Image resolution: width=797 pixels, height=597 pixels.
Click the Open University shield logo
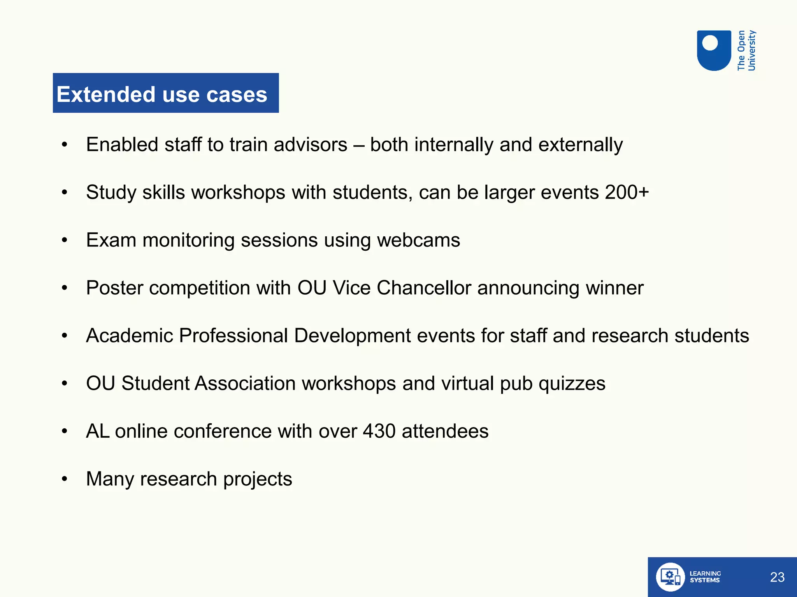pyautogui.click(x=714, y=50)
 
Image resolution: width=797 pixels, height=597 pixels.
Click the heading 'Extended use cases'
pyautogui.click(x=162, y=94)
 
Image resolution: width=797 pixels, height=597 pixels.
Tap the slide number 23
pyautogui.click(x=777, y=577)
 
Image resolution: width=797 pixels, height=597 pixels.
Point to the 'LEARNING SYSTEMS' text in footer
pyautogui.click(x=705, y=577)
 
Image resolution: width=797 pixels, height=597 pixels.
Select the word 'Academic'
pyautogui.click(x=129, y=335)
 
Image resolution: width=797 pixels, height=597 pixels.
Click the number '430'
pyautogui.click(x=379, y=431)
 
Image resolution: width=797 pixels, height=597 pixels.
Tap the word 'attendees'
pyautogui.click(x=445, y=431)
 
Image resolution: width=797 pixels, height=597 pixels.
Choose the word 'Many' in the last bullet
pyautogui.click(x=110, y=479)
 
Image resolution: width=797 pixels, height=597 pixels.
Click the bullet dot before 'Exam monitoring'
pyautogui.click(x=65, y=240)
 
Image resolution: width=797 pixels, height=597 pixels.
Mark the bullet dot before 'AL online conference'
pyautogui.click(x=65, y=431)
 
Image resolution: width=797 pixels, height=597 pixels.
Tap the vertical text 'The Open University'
pyautogui.click(x=746, y=51)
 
